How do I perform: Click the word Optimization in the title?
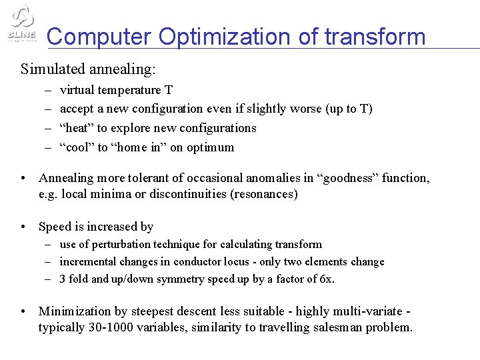tap(227, 36)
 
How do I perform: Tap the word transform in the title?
tap(375, 36)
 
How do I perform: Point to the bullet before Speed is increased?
tap(23, 227)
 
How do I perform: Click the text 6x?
tap(326, 279)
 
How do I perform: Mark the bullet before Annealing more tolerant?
tap(23, 178)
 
